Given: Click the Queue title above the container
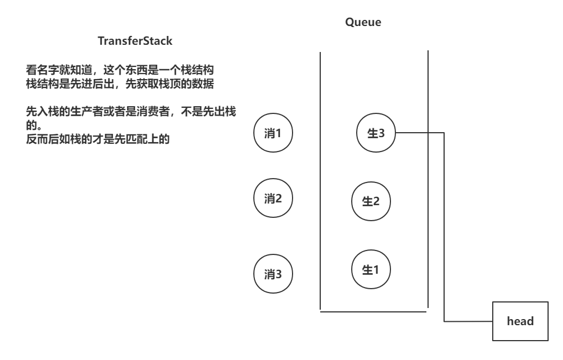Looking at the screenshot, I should click(363, 23).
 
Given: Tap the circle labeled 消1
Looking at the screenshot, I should click(273, 133).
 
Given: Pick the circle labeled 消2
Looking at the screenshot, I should click(273, 199).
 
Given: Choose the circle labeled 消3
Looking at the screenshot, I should click(273, 273).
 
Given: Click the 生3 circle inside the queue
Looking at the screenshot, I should click(376, 133).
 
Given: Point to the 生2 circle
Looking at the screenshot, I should click(371, 201).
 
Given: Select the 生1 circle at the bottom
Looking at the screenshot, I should click(371, 270).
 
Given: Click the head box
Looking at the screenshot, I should click(520, 321).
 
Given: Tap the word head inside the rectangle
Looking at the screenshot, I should click(520, 321).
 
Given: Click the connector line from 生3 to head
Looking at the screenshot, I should click(445, 221).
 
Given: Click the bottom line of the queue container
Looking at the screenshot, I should click(374, 311).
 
